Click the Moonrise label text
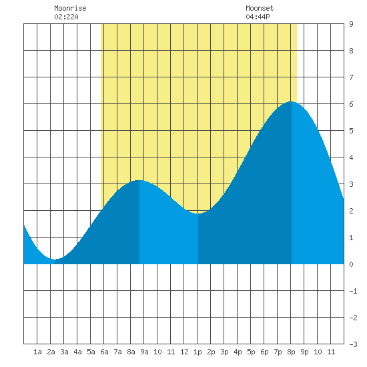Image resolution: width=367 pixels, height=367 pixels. click(70, 8)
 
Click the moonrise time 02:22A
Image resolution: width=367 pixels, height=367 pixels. click(66, 17)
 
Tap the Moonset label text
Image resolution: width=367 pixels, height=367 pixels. click(260, 8)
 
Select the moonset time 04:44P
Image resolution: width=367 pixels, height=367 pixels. click(258, 17)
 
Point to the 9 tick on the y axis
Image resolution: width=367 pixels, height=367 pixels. click(351, 24)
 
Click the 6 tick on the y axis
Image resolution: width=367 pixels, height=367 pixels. click(351, 104)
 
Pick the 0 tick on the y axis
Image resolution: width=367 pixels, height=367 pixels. click(351, 264)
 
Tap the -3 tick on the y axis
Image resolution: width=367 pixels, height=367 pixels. click(354, 344)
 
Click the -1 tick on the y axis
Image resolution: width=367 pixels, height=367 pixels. click(354, 291)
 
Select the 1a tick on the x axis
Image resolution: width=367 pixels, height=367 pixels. click(37, 352)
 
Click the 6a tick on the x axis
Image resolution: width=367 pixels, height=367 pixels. click(104, 352)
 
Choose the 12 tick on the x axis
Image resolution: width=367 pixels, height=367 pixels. click(184, 352)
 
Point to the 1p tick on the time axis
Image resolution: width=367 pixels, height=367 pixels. click(198, 352)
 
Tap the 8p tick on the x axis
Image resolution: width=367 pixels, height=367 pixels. click(291, 352)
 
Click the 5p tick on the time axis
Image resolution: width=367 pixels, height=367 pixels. click(251, 352)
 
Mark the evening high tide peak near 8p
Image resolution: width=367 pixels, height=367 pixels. click(292, 101)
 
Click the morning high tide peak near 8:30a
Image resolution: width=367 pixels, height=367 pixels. click(139, 180)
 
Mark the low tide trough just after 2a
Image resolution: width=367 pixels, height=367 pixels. click(55, 260)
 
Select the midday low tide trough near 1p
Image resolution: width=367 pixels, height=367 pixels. click(198, 214)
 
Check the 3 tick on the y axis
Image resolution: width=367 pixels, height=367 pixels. click(351, 184)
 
